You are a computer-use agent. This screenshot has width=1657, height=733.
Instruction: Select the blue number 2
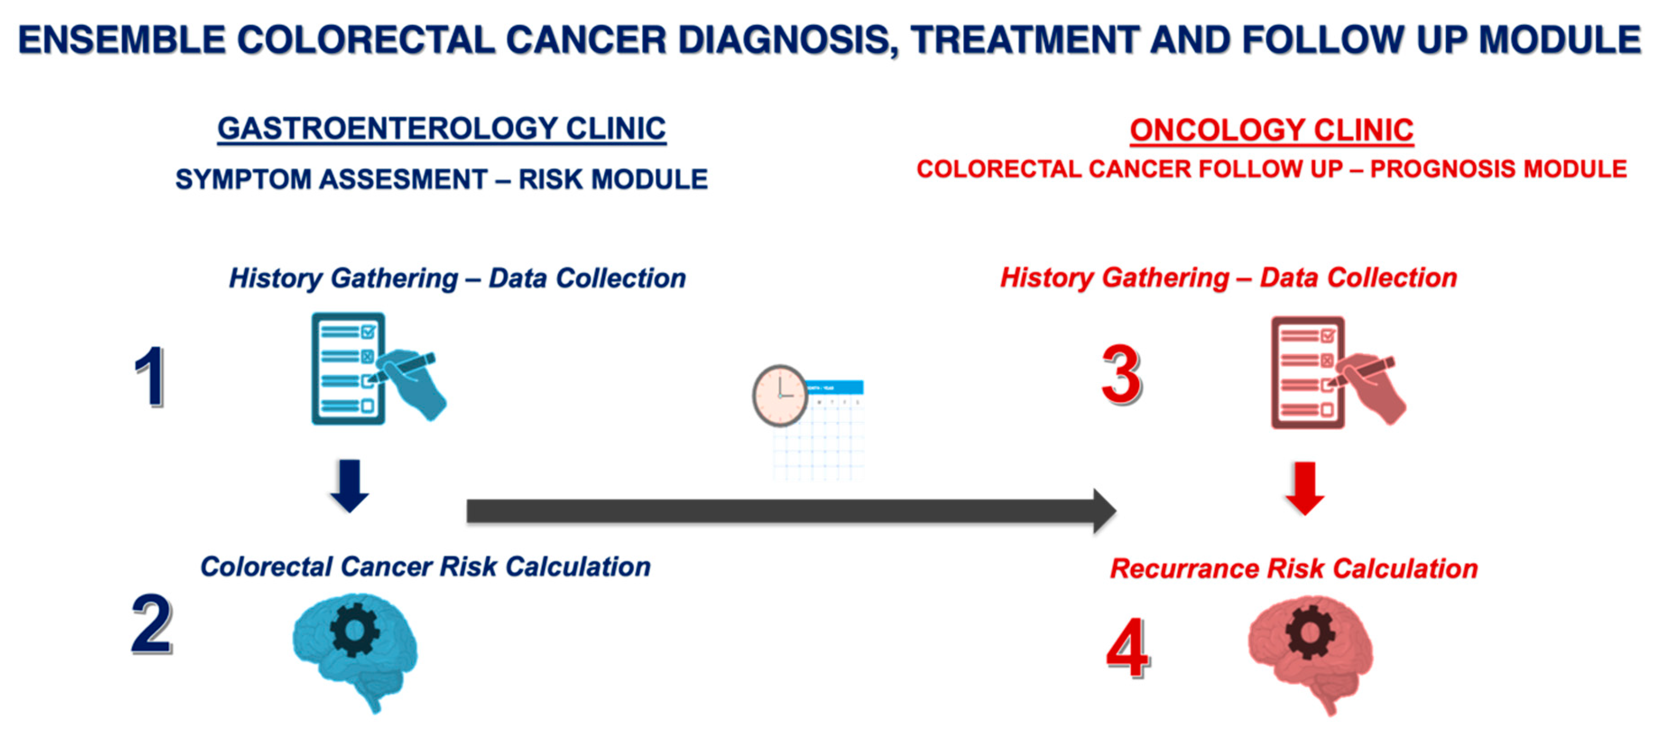coord(152,623)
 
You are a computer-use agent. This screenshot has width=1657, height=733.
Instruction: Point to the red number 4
coord(1128,648)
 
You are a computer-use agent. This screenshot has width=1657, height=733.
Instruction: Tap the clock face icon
coord(780,396)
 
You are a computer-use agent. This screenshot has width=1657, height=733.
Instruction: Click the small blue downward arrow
coord(349,486)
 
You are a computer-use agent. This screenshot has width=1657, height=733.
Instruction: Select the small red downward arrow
coord(1305,489)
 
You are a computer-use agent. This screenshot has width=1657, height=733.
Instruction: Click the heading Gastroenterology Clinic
coord(441,128)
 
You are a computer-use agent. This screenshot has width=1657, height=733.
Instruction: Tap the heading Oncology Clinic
coord(1272,130)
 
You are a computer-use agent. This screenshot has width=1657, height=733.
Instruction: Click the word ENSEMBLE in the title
coord(122,40)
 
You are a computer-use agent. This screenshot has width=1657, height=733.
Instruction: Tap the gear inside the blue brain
coord(354,629)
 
